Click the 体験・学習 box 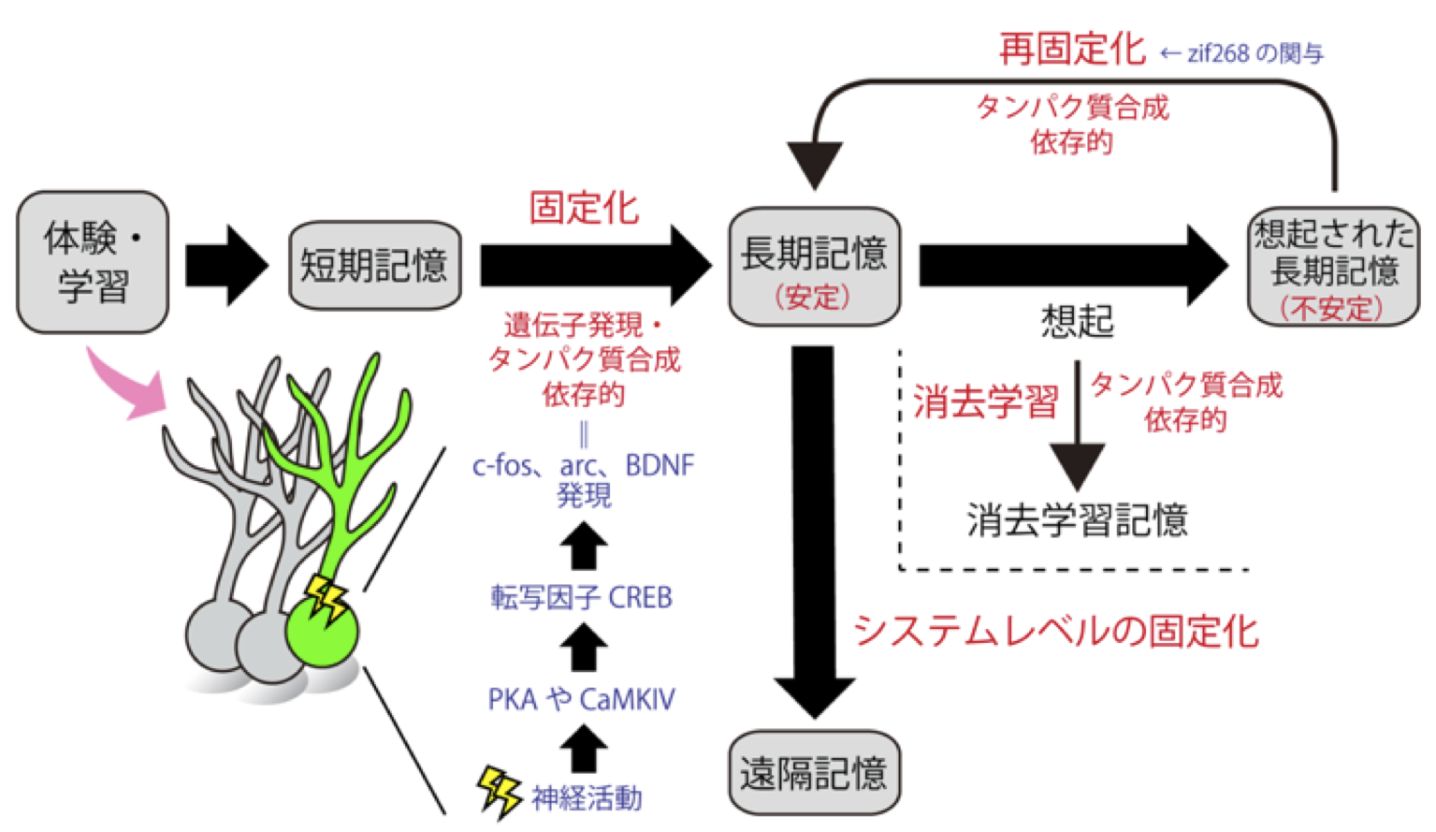pyautogui.click(x=93, y=262)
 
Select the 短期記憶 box pyautogui.click(x=374, y=266)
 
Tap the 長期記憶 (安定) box pyautogui.click(x=814, y=268)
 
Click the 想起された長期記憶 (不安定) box pyautogui.click(x=1333, y=268)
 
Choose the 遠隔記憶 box pyautogui.click(x=814, y=773)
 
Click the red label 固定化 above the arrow pyautogui.click(x=584, y=208)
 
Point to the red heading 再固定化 pyautogui.click(x=1072, y=49)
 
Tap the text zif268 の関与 pyautogui.click(x=1254, y=53)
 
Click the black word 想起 pyautogui.click(x=1077, y=321)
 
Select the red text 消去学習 pyautogui.click(x=985, y=401)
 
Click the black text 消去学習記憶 pyautogui.click(x=1077, y=519)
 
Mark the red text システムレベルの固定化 pyautogui.click(x=1055, y=631)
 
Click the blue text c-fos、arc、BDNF pyautogui.click(x=584, y=465)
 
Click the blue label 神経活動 pyautogui.click(x=587, y=797)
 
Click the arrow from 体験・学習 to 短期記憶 pyautogui.click(x=226, y=266)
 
